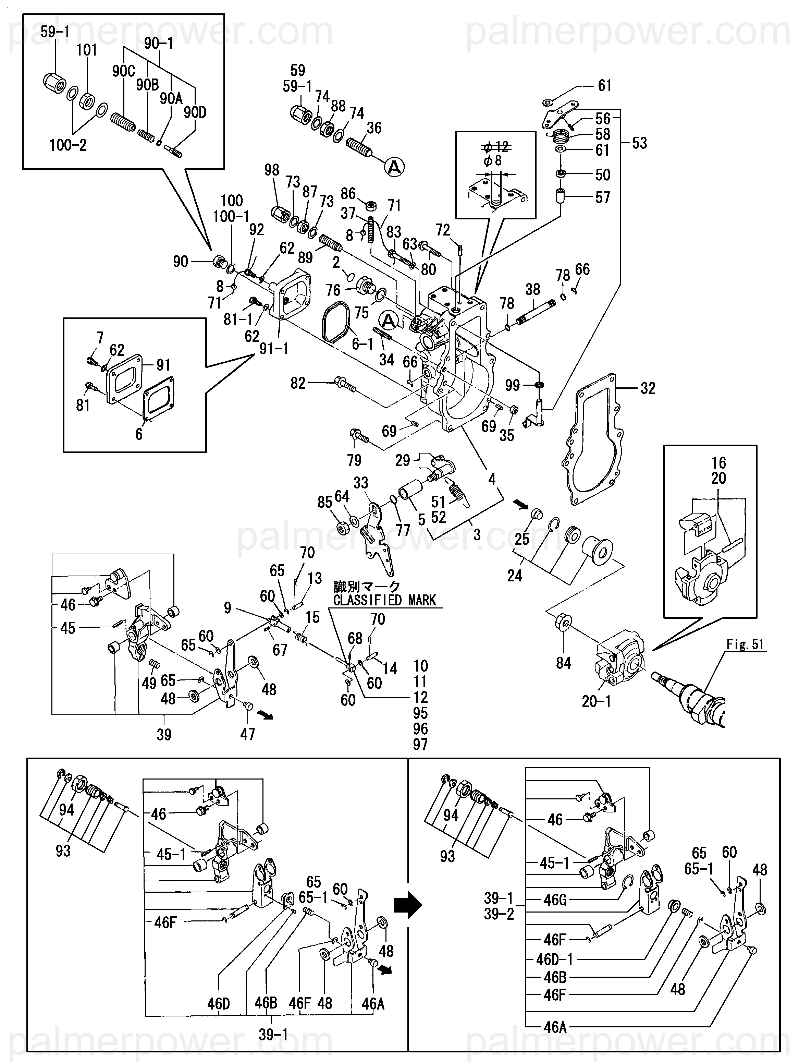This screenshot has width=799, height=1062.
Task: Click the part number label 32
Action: click(x=648, y=388)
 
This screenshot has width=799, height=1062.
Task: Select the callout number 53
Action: click(x=639, y=143)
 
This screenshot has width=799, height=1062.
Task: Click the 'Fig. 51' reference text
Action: click(x=745, y=644)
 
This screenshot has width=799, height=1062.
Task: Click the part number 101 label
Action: click(x=87, y=50)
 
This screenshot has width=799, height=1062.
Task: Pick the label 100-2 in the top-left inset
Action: click(x=68, y=145)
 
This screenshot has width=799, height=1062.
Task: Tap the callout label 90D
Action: click(x=195, y=113)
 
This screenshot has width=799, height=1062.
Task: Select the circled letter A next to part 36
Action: click(x=394, y=167)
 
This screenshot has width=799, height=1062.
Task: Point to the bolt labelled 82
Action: click(x=345, y=385)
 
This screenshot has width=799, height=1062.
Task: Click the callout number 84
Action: click(x=563, y=663)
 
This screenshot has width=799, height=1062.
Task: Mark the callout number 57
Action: click(x=603, y=197)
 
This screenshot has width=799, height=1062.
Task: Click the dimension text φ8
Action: click(x=493, y=160)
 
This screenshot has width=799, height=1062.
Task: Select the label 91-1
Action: click(x=274, y=349)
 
